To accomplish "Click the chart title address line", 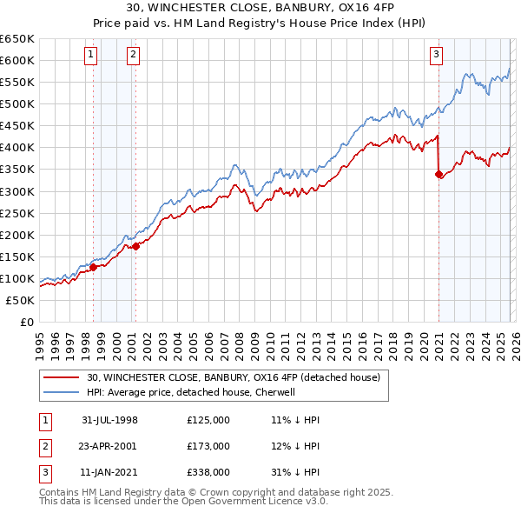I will pyautogui.click(x=260, y=10).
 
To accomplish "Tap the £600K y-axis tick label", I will pyautogui.click(x=17, y=60).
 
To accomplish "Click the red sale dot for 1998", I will pyautogui.click(x=94, y=267).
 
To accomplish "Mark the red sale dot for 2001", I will pyautogui.click(x=135, y=247).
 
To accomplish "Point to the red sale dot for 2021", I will pyautogui.click(x=439, y=174).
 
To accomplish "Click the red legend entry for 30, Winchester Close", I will pyautogui.click(x=233, y=377).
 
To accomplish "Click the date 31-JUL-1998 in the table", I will pyautogui.click(x=110, y=420).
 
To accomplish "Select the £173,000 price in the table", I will pyautogui.click(x=208, y=446).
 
